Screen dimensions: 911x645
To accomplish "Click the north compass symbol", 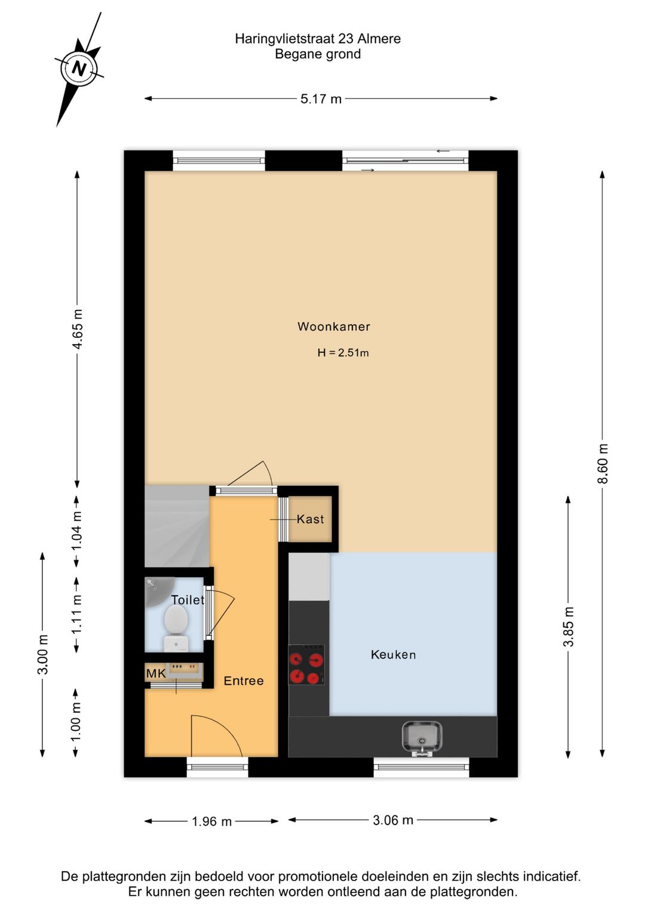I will pyautogui.click(x=79, y=68).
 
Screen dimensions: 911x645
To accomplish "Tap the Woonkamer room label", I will pyautogui.click(x=334, y=327).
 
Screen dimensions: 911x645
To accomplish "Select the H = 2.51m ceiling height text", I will pyautogui.click(x=343, y=353).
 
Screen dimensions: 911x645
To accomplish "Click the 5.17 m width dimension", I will pyautogui.click(x=321, y=99).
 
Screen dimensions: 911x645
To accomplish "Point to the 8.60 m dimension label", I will pyautogui.click(x=603, y=464).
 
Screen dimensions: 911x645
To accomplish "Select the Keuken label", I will pyautogui.click(x=393, y=655).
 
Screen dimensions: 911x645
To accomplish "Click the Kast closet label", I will pyautogui.click(x=311, y=519).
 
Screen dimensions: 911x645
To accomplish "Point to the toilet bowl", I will pyautogui.click(x=176, y=621).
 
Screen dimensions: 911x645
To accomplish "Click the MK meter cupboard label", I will pyautogui.click(x=156, y=673).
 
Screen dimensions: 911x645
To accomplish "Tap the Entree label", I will pyautogui.click(x=243, y=681).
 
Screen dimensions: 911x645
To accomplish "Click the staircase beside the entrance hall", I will pyautogui.click(x=177, y=526).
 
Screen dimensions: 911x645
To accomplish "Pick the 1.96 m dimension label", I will pyautogui.click(x=211, y=821).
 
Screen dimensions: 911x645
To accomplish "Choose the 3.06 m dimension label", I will pyautogui.click(x=393, y=820).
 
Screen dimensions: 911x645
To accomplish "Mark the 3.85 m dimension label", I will pyautogui.click(x=569, y=626).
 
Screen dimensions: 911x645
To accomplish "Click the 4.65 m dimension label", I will pyautogui.click(x=78, y=329).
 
